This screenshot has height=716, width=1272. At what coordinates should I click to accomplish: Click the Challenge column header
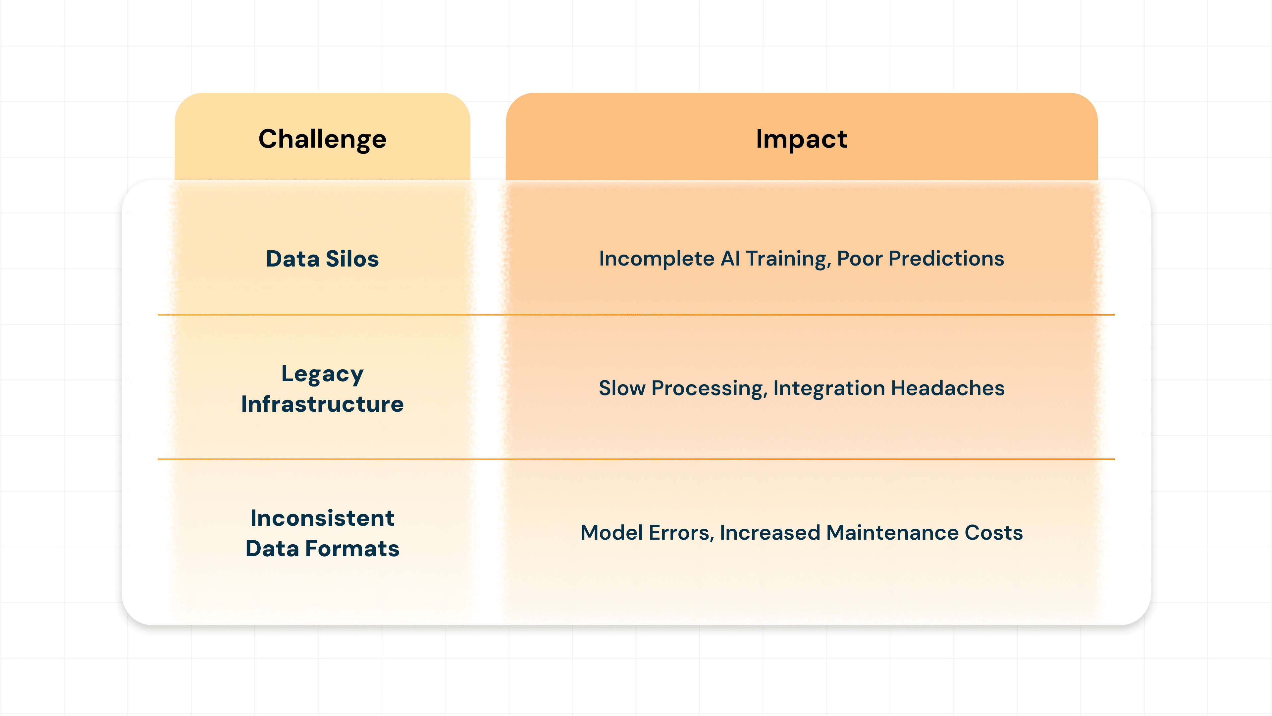click(x=322, y=139)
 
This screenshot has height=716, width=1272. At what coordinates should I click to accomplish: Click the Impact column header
click(x=801, y=139)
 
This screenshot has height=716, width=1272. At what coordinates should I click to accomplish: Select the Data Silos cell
click(x=322, y=259)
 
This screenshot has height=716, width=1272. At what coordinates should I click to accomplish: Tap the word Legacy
click(x=322, y=374)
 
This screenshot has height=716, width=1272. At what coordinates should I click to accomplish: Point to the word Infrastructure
click(x=322, y=404)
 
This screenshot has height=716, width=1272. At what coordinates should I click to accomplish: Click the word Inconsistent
click(x=322, y=518)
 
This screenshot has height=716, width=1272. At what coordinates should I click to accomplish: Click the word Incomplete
click(x=656, y=259)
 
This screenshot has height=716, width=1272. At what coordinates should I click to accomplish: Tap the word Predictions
click(x=946, y=259)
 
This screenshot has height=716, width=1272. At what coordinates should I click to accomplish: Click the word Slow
click(x=622, y=388)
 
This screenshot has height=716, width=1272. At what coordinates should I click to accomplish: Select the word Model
click(x=611, y=533)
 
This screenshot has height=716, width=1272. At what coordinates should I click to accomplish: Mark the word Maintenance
click(x=892, y=533)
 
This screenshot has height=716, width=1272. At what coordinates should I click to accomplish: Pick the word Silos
click(x=352, y=259)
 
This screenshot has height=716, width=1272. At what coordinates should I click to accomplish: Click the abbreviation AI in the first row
click(x=730, y=259)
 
